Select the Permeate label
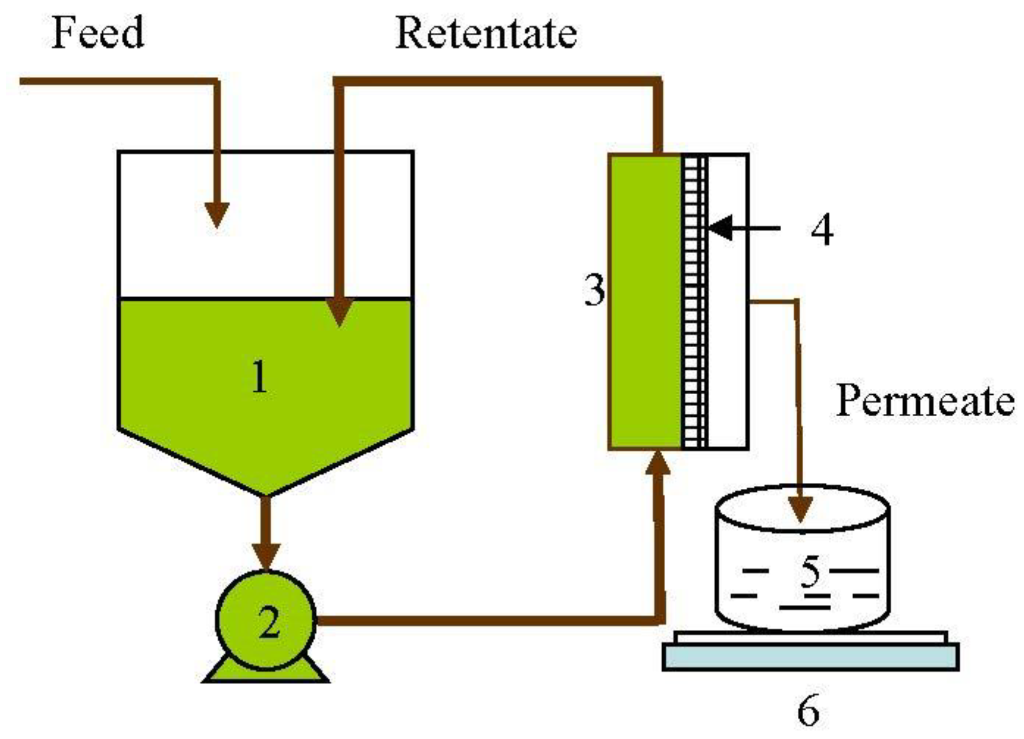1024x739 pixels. pyautogui.click(x=925, y=401)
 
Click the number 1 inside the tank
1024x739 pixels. pyautogui.click(x=259, y=377)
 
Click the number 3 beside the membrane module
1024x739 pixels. pyautogui.click(x=594, y=290)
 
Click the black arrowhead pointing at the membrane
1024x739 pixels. pyautogui.click(x=721, y=228)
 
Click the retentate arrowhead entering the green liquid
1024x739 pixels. pyautogui.click(x=339, y=311)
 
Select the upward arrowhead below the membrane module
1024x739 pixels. pyautogui.click(x=658, y=463)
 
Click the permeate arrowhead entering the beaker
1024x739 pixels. pyautogui.click(x=801, y=509)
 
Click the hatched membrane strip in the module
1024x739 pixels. pyautogui.click(x=694, y=302)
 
